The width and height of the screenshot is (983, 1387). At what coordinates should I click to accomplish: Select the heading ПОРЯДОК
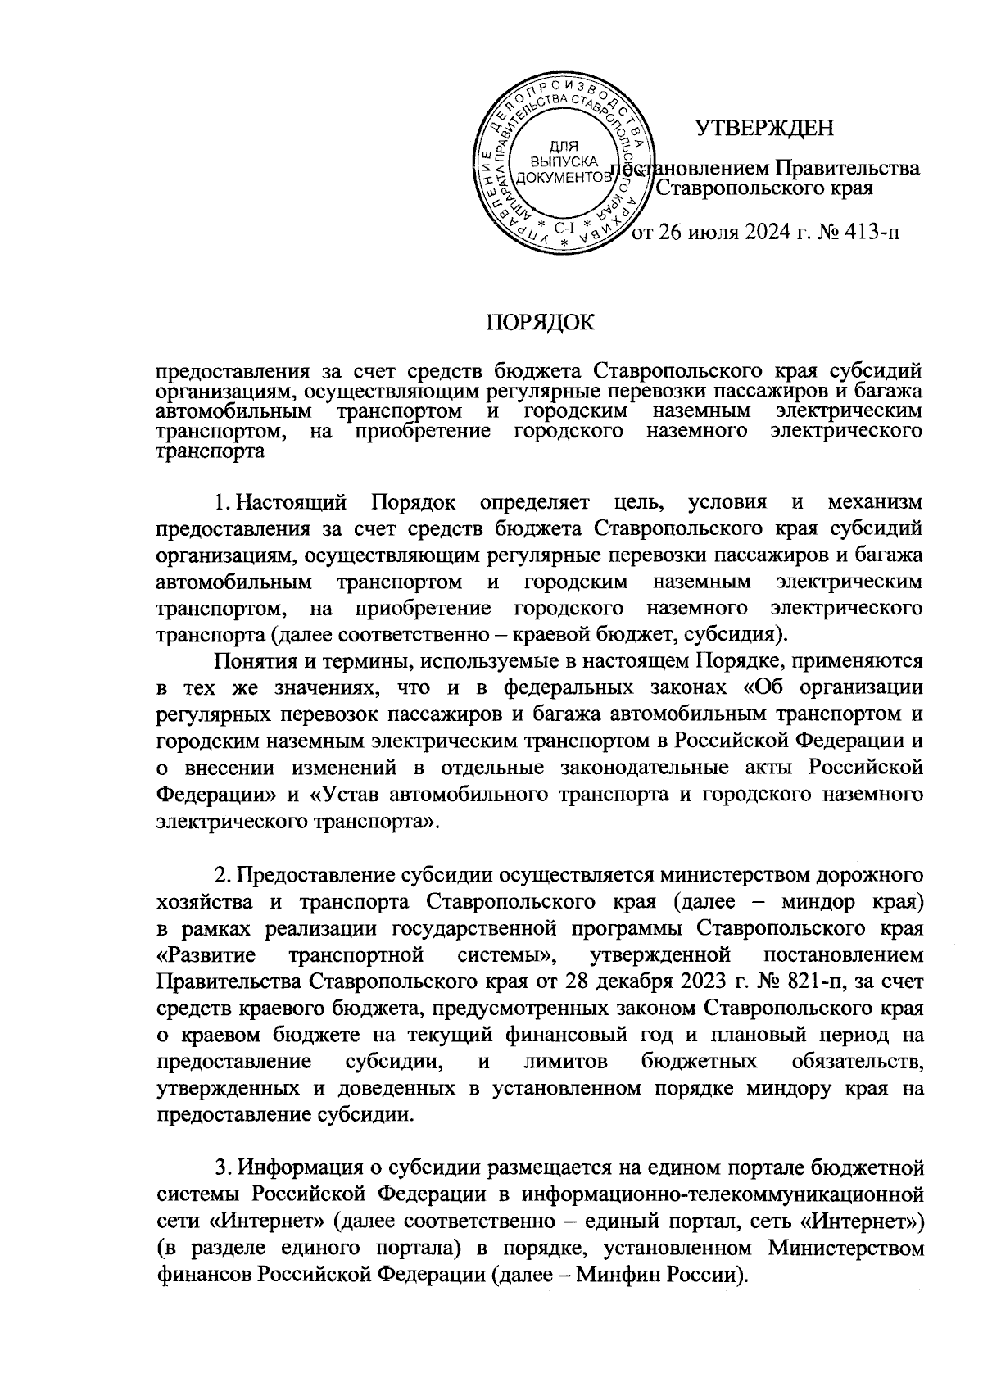(537, 323)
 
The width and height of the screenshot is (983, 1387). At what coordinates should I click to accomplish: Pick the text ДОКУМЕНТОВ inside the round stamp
(564, 177)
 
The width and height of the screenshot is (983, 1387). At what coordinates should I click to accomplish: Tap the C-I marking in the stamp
(564, 227)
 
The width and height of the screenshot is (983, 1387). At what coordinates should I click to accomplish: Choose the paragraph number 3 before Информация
(215, 1168)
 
